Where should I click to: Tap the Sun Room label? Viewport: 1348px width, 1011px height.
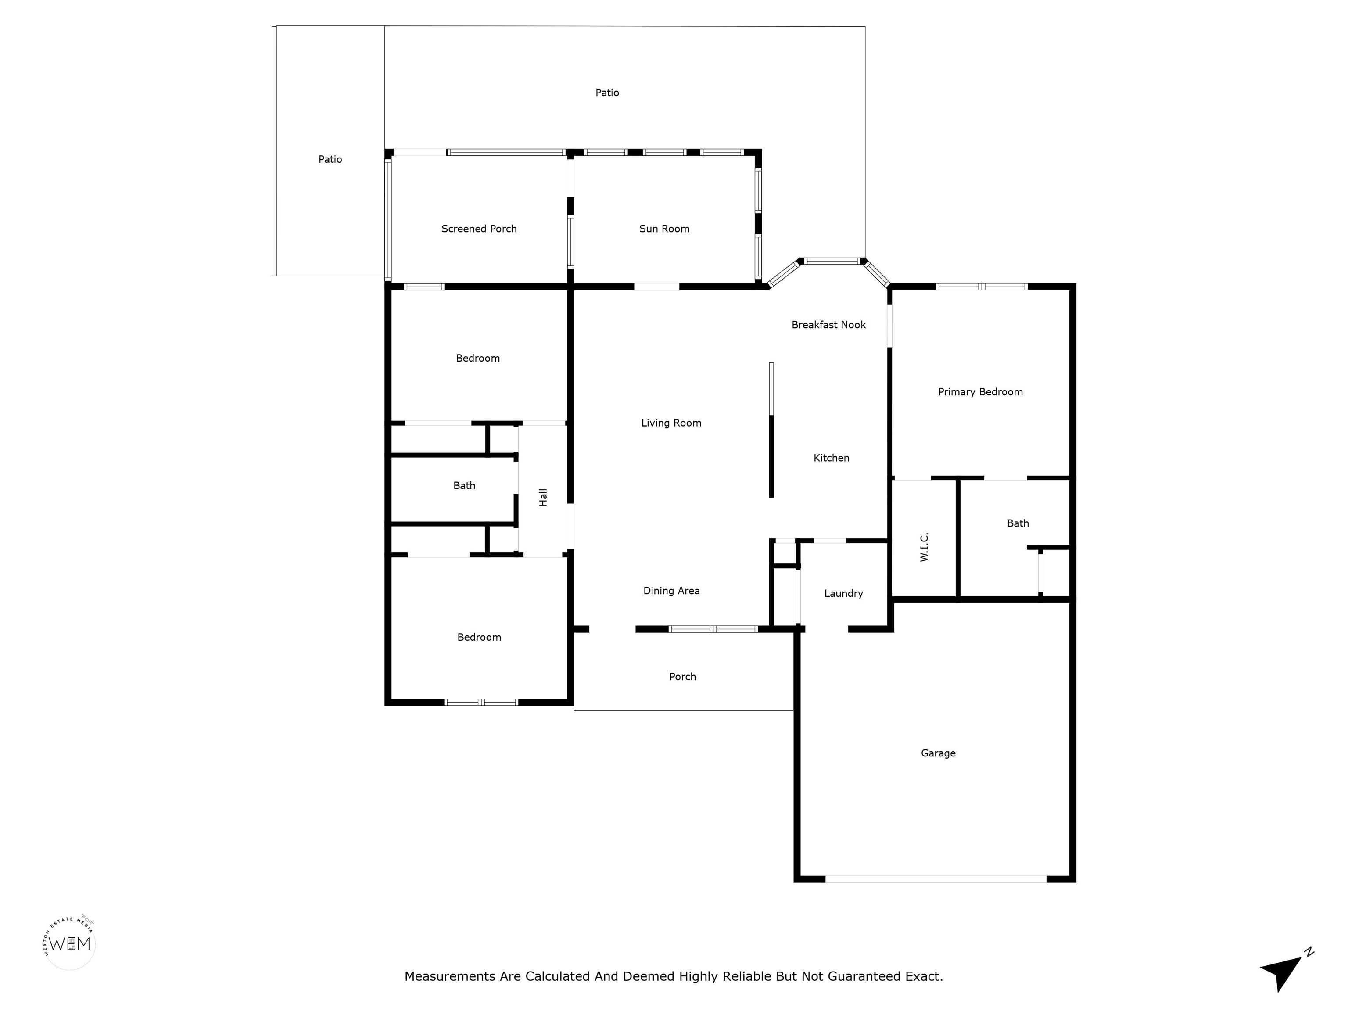[664, 229]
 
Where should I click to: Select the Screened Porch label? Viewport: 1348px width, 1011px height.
[479, 229]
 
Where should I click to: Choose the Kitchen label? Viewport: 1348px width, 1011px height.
[831, 458]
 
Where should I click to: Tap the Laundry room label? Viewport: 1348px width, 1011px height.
[843, 594]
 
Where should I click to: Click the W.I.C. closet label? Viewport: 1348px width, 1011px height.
[924, 547]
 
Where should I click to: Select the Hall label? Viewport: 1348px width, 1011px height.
[543, 497]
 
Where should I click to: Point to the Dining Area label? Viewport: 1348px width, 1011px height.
[671, 591]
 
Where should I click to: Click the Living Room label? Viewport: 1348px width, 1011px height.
[671, 423]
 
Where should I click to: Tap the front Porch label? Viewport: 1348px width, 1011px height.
[682, 677]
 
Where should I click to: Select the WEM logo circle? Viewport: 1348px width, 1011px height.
[70, 944]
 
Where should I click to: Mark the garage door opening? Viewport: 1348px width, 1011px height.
[936, 879]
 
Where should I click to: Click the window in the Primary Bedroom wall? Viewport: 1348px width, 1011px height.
[982, 287]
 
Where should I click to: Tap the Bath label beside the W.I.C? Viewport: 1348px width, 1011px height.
[1018, 523]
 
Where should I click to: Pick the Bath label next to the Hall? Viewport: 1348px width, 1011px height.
[464, 486]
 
